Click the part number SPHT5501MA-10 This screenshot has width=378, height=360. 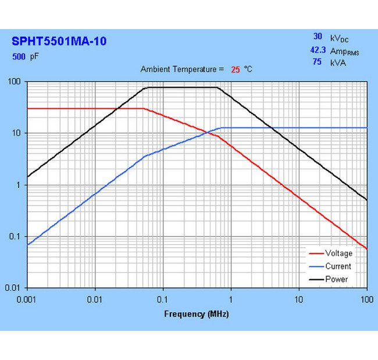tap(59, 41)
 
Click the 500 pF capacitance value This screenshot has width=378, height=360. tap(19, 57)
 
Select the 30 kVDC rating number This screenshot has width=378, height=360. tap(318, 37)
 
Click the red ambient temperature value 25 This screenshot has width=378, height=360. tap(236, 69)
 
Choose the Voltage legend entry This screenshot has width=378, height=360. tap(338, 253)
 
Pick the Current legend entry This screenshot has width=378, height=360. tap(338, 266)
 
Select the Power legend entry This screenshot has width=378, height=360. tap(337, 279)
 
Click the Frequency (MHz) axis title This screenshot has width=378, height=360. tap(197, 314)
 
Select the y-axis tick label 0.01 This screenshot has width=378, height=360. tap(13, 288)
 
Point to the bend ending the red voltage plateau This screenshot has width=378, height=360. tap(143, 108)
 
